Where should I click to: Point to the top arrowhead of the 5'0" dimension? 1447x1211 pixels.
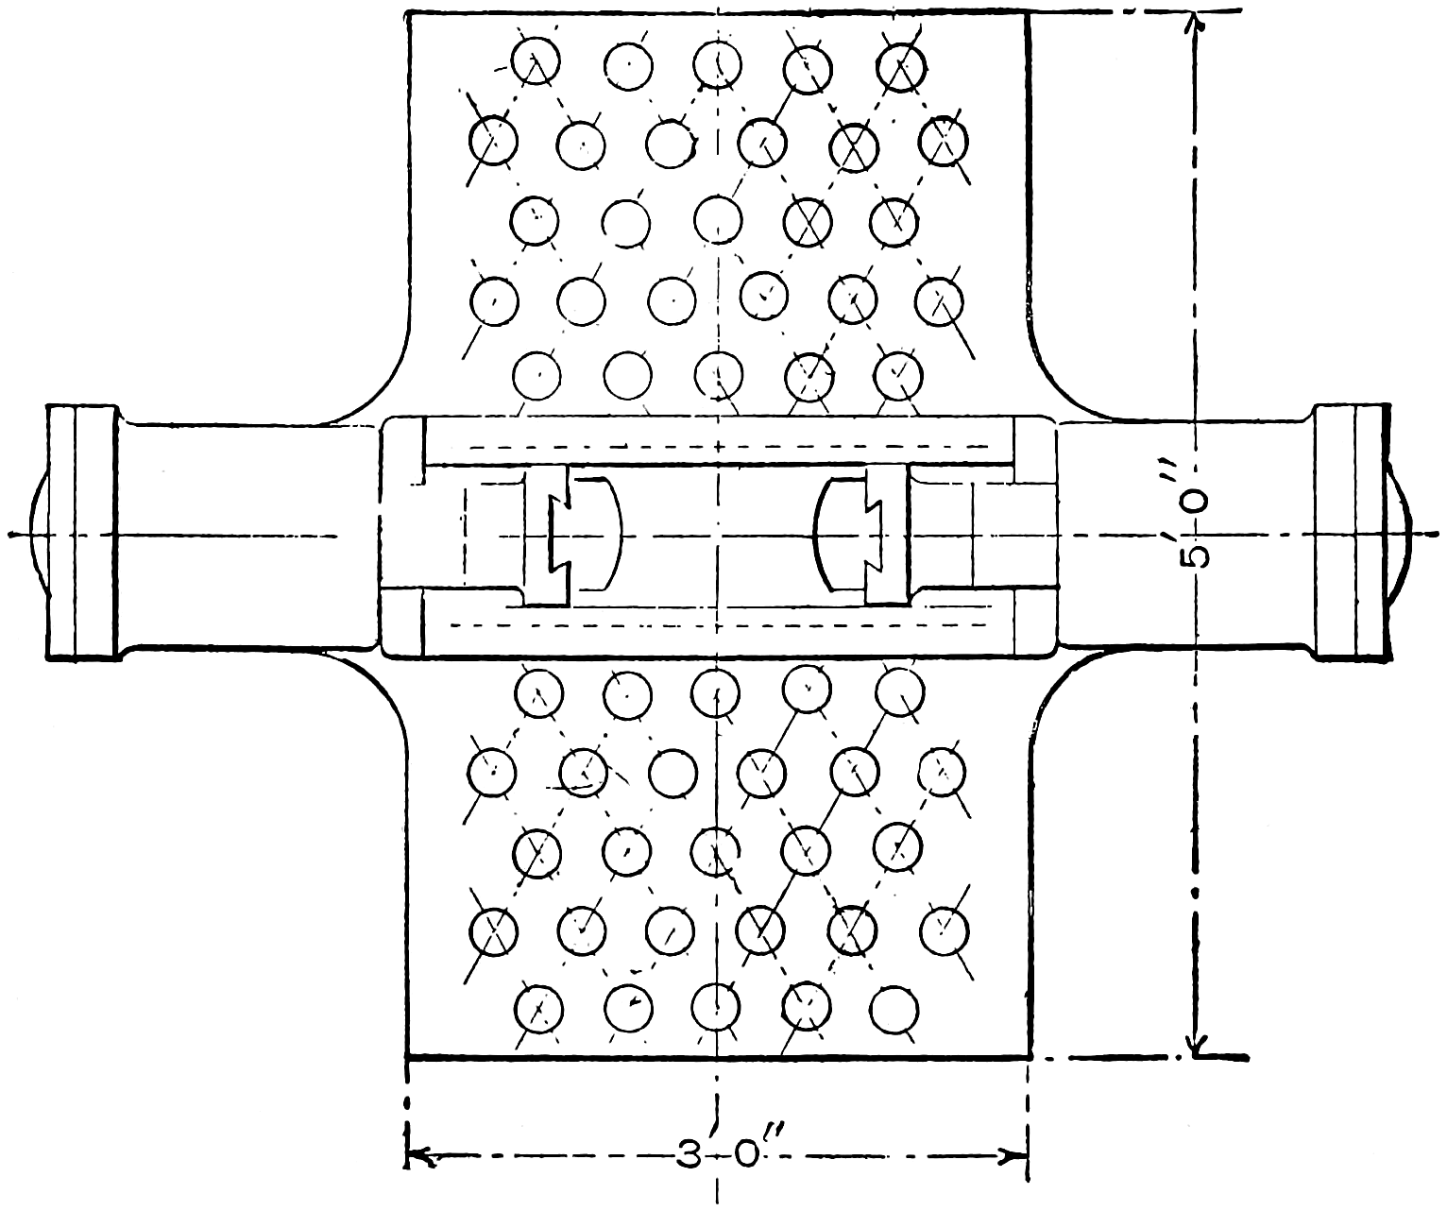(1193, 27)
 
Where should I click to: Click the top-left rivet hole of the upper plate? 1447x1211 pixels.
(535, 61)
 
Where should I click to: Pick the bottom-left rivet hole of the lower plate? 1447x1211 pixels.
(538, 1007)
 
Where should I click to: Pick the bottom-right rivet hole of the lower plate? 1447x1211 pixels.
(894, 1009)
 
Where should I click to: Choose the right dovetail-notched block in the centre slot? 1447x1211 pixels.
(887, 534)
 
